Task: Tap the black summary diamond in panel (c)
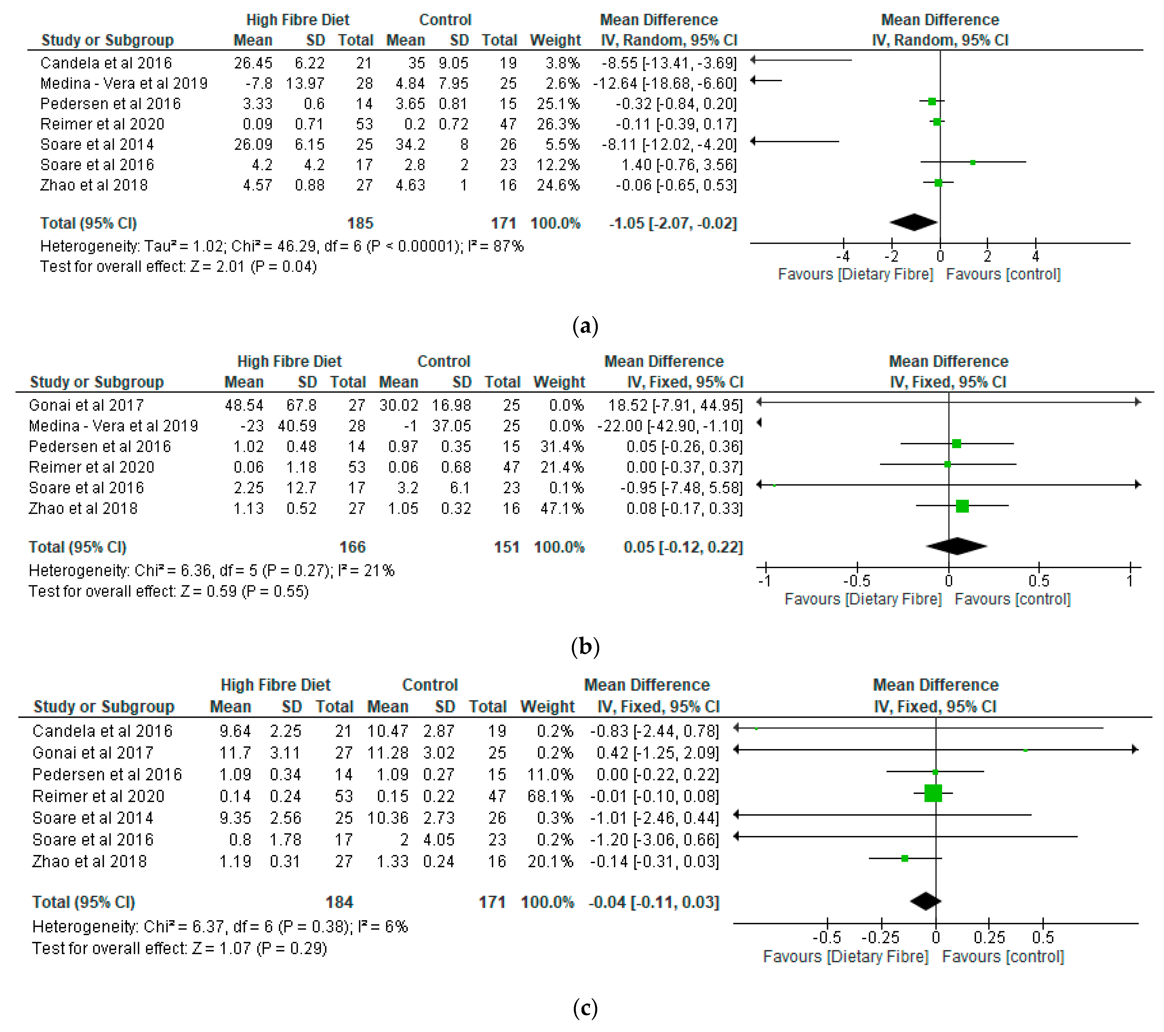pyautogui.click(x=925, y=901)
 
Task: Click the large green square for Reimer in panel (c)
pyautogui.click(x=933, y=793)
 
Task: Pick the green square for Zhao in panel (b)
pyautogui.click(x=962, y=506)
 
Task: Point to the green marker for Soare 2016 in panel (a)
pyautogui.click(x=973, y=162)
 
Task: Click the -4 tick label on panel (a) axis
pyautogui.click(x=843, y=256)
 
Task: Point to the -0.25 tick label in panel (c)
pyautogui.click(x=880, y=937)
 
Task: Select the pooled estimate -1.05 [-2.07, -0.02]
pyautogui.click(x=673, y=223)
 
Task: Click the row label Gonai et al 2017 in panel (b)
pyautogui.click(x=86, y=405)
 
